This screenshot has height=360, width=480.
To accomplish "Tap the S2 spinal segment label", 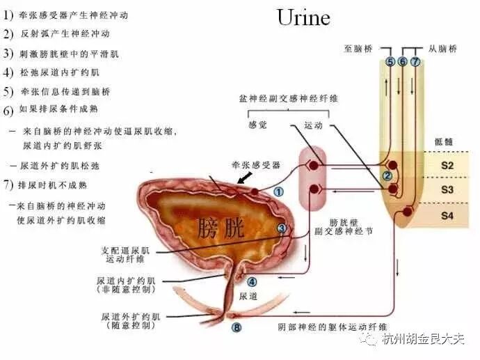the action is (447, 166).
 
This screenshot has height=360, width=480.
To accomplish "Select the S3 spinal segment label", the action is (447, 189).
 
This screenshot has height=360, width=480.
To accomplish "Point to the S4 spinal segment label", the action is (447, 216).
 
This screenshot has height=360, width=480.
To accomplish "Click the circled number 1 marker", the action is (278, 191).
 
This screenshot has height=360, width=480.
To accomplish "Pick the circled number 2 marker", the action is (387, 175).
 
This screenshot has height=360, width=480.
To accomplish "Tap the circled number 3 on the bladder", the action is (282, 228).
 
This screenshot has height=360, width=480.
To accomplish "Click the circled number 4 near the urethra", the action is (252, 282).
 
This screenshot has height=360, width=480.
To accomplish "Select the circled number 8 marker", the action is (237, 327).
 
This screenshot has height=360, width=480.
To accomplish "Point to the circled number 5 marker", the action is (390, 62).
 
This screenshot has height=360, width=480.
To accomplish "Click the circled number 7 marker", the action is (415, 62).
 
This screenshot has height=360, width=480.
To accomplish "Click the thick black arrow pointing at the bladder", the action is (246, 177).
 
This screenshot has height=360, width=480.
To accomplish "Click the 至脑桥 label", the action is (359, 49).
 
